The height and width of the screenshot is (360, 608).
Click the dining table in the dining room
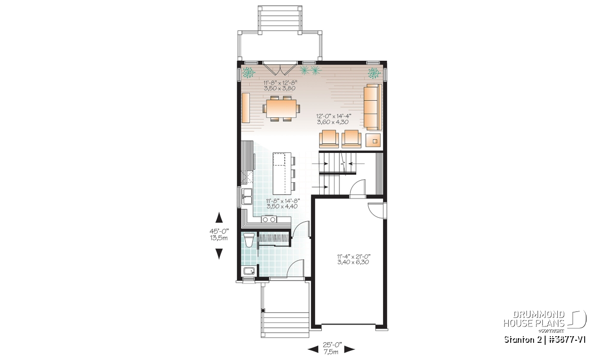pyautogui.click(x=282, y=108)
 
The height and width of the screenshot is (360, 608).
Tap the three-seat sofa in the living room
pyautogui.click(x=372, y=107)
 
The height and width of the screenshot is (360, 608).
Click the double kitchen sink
pyautogui.click(x=58, y=196)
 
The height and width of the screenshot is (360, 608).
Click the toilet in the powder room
pyautogui.click(x=249, y=240)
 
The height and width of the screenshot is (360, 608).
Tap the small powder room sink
pyautogui.click(x=249, y=271)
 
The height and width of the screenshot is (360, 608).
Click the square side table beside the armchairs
pyautogui.click(x=373, y=140)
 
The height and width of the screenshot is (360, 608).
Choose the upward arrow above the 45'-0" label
pyautogui.click(x=219, y=218)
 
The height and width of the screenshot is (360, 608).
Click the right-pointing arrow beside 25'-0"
pyautogui.click(x=350, y=350)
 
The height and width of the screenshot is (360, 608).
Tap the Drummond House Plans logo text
pyautogui.click(x=534, y=319)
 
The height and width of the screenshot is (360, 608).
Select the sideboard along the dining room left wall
pyautogui.click(x=246, y=108)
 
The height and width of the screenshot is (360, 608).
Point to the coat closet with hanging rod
pyautogui.click(x=274, y=238)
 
